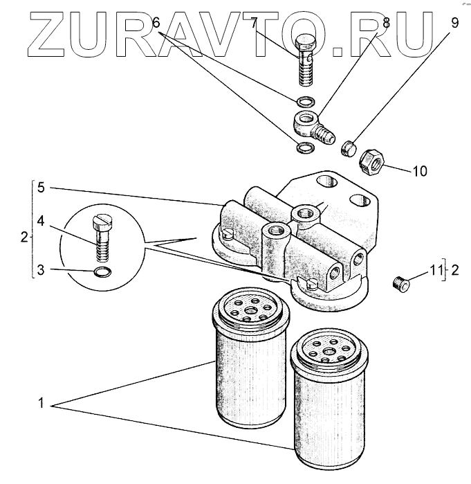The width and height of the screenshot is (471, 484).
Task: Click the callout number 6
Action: (156, 23)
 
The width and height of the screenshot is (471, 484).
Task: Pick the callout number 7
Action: (254, 23)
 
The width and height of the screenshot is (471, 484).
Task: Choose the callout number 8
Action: (386, 23)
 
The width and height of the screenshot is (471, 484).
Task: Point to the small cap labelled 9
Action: (350, 147)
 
